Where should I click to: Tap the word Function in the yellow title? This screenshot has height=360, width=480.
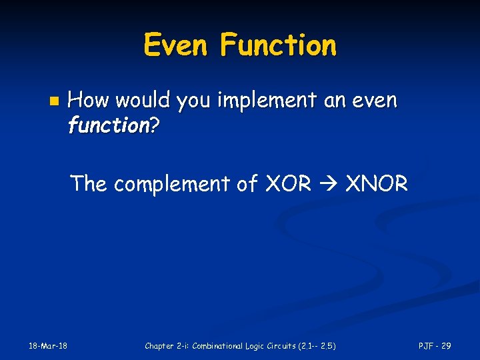click(x=278, y=46)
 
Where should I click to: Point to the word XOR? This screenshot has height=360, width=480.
click(x=288, y=183)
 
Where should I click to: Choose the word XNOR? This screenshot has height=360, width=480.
click(x=376, y=183)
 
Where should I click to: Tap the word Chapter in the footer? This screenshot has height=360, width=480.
click(x=159, y=345)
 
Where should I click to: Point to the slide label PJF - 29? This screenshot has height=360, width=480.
click(x=435, y=345)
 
